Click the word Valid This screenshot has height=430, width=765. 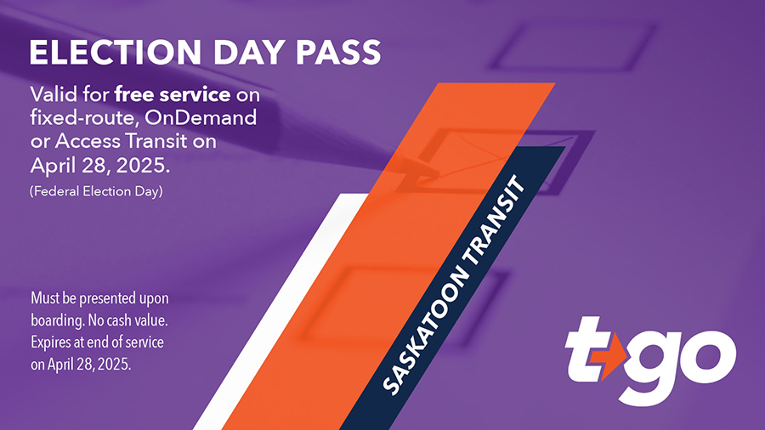click(54, 94)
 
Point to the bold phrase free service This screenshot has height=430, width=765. click(173, 94)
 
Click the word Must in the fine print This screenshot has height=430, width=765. click(45, 299)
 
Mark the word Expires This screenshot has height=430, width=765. click(53, 342)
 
